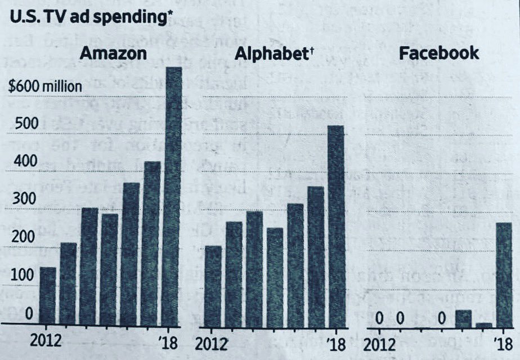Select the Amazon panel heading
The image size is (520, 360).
[x=114, y=54]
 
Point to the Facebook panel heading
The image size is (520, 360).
[x=439, y=53]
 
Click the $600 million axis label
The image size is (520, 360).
[x=46, y=87]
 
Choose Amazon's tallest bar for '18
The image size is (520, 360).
[x=172, y=197]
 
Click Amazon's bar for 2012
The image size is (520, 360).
[x=48, y=296]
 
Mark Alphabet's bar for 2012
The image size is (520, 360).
[x=213, y=286]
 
